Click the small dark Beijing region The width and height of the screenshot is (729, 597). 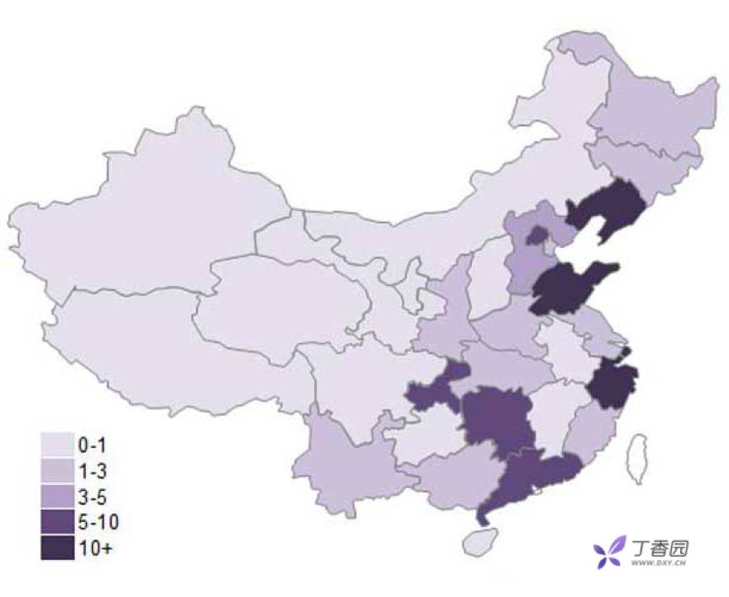click(536, 235)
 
